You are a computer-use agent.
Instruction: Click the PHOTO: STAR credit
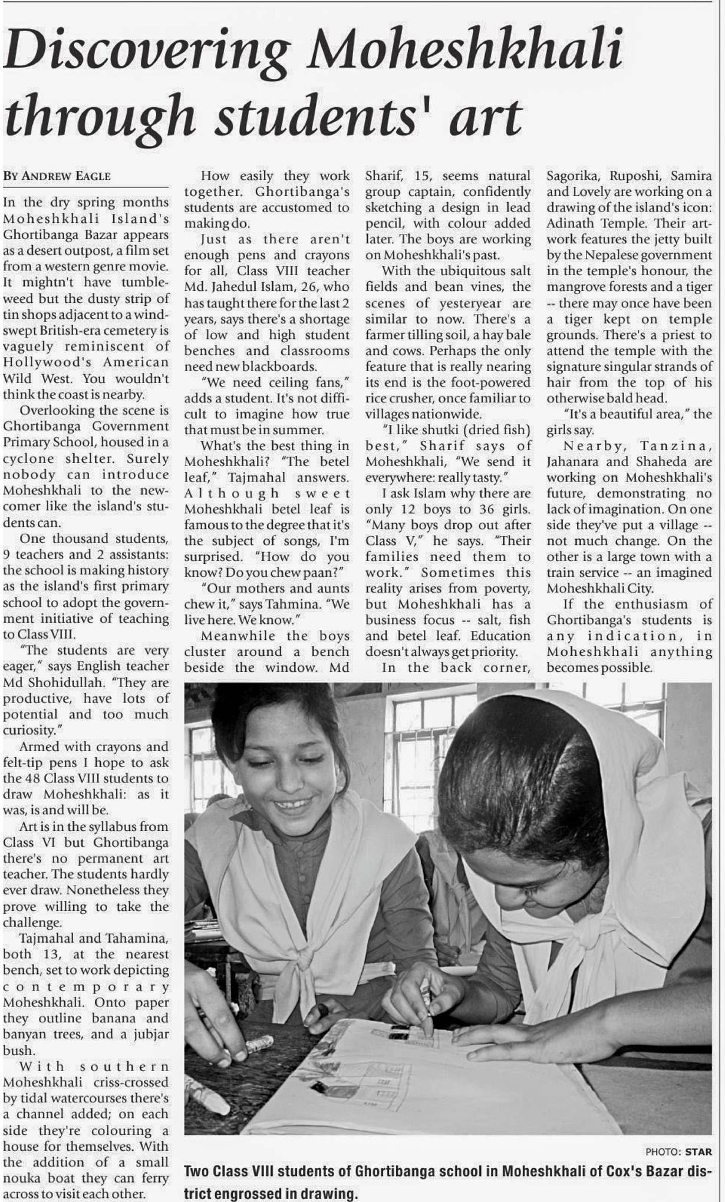[x=678, y=1151]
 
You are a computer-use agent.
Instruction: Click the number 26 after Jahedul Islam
[x=300, y=287]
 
